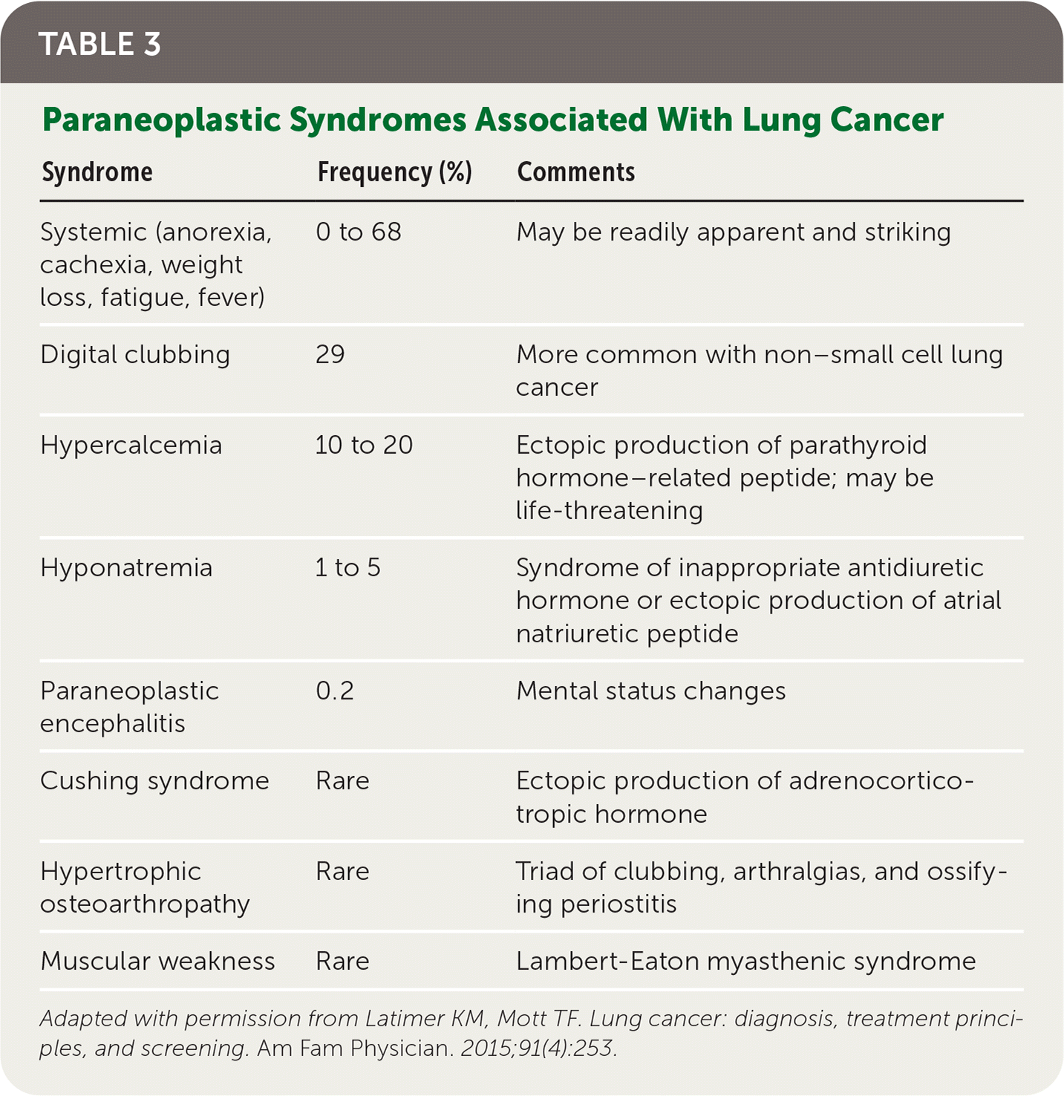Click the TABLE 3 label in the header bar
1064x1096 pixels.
point(99,45)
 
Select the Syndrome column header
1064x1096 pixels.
point(97,172)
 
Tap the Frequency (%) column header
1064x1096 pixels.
point(394,172)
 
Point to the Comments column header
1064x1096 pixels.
point(575,172)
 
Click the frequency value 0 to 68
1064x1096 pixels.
point(359,232)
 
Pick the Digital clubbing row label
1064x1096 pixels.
point(135,355)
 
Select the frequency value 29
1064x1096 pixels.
point(330,355)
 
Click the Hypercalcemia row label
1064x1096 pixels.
point(131,446)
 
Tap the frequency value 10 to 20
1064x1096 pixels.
point(364,446)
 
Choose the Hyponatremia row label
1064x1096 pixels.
point(126,568)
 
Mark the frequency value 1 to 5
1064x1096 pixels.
point(347,568)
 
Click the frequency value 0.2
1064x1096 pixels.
point(335,691)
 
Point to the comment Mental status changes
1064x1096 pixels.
point(650,691)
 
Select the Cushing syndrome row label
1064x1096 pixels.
point(154,781)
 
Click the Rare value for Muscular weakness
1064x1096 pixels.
point(342,962)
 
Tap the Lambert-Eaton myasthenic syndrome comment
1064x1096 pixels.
point(745,962)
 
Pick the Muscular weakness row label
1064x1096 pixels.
point(157,962)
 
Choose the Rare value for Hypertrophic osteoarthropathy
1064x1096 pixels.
point(342,872)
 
